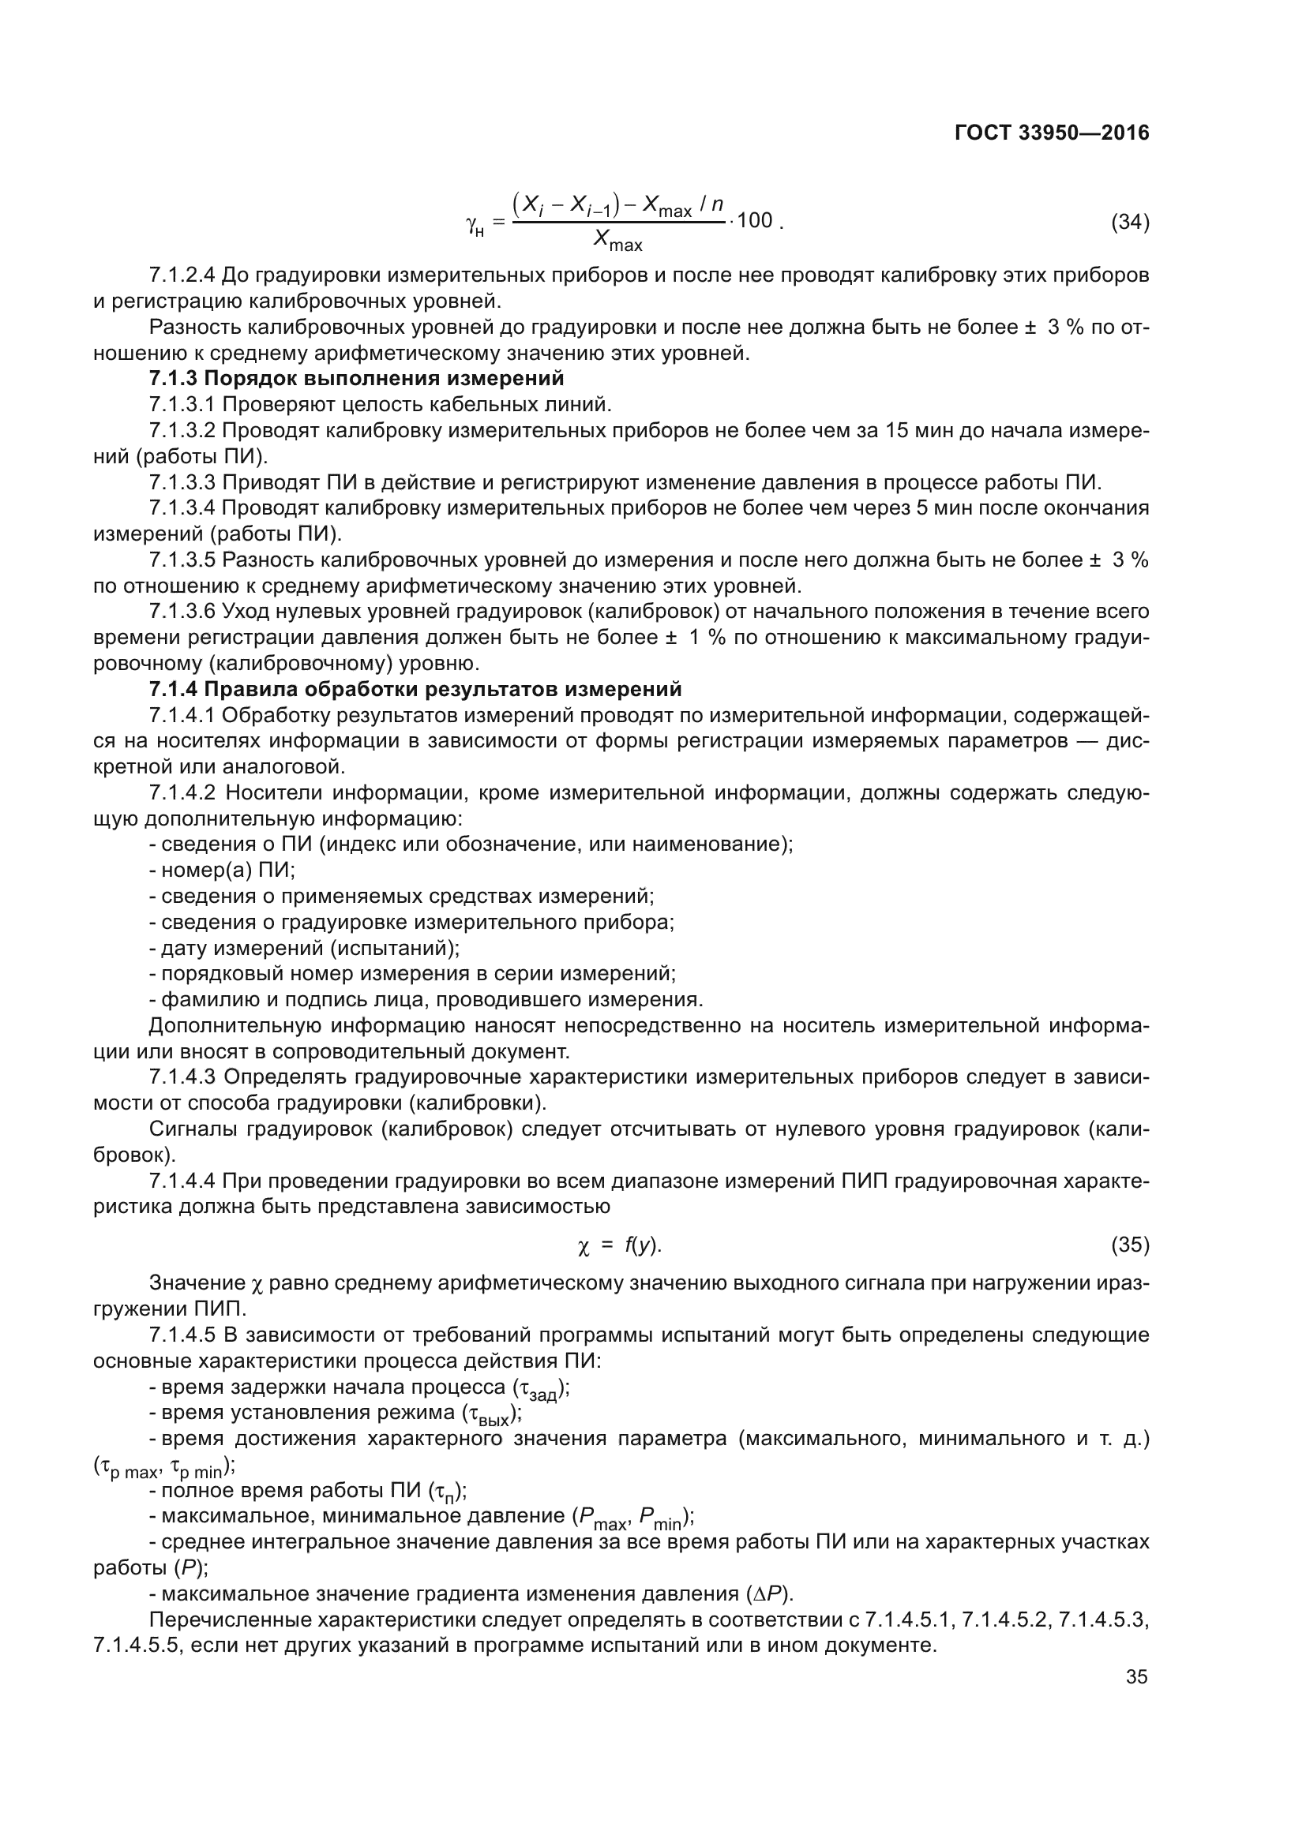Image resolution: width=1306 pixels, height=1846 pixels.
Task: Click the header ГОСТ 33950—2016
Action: [x=1051, y=133]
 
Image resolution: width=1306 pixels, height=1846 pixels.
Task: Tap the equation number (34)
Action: [x=1129, y=222]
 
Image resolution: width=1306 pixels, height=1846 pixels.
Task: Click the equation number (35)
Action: [x=1129, y=1245]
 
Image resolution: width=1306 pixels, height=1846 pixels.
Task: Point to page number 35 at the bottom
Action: [x=1136, y=1677]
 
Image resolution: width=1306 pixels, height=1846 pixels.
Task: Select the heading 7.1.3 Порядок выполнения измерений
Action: [x=356, y=378]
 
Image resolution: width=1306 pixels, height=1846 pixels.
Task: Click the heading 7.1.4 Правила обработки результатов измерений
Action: [x=415, y=689]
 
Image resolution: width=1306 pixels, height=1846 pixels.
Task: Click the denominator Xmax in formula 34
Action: [x=617, y=240]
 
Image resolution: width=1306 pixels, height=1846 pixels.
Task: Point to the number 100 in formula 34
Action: [x=753, y=220]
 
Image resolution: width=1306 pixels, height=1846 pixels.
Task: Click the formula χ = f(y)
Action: [x=619, y=1246]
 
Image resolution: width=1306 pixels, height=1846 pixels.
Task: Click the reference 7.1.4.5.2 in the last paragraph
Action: [x=1005, y=1619]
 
